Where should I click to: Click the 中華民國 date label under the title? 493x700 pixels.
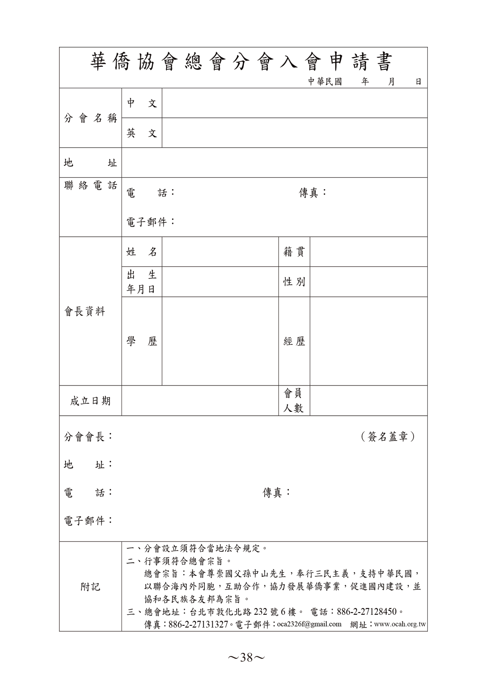pos(325,82)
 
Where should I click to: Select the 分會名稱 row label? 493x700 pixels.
pos(91,118)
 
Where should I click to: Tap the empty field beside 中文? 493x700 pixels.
pos(294,103)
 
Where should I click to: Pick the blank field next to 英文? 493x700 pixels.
pos(294,133)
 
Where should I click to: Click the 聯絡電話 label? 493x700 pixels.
pos(91,185)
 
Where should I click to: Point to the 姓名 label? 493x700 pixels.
pos(142,252)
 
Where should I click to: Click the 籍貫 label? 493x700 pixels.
pos(294,252)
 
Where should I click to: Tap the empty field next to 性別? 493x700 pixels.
pos(368,282)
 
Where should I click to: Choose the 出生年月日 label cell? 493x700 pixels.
pos(142,282)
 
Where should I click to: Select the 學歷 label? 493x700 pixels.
pos(142,341)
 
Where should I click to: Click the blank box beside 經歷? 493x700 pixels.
pos(368,341)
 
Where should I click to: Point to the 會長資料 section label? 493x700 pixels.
pos(85,312)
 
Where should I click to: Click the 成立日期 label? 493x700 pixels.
pos(90,401)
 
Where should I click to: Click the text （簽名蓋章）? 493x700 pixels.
pos(388,437)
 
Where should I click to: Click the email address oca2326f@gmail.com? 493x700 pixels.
pos(309,624)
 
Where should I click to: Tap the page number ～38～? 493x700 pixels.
pos(246,658)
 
